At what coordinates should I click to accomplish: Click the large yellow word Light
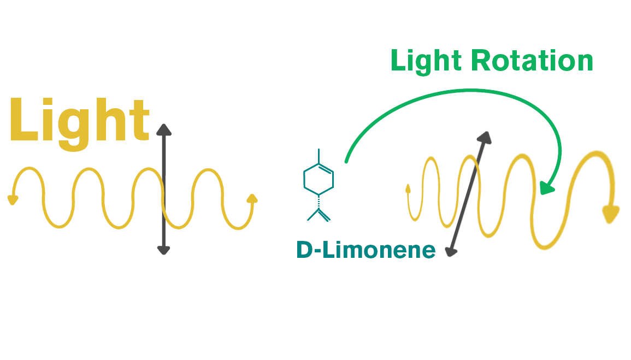79,121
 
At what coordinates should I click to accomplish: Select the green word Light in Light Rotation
427,61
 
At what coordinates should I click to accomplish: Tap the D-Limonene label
365,250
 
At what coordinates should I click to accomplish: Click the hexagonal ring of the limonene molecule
319,178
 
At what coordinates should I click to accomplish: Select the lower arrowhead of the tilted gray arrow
451,251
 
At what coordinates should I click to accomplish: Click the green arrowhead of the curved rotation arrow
546,188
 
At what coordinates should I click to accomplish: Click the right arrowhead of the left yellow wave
252,198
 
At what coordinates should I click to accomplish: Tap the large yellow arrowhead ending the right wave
611,214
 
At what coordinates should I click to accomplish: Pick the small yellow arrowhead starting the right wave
408,189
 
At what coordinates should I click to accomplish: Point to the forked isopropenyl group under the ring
319,214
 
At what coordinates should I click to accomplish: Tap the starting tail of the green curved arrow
346,161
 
